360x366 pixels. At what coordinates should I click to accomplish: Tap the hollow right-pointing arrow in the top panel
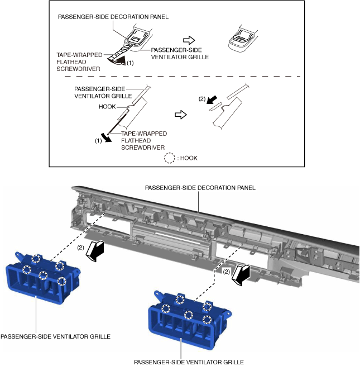190,40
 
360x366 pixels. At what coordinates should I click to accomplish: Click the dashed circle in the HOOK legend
164,158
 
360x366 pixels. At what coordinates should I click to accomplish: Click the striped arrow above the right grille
241,273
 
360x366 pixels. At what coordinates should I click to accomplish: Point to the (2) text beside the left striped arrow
80,246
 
